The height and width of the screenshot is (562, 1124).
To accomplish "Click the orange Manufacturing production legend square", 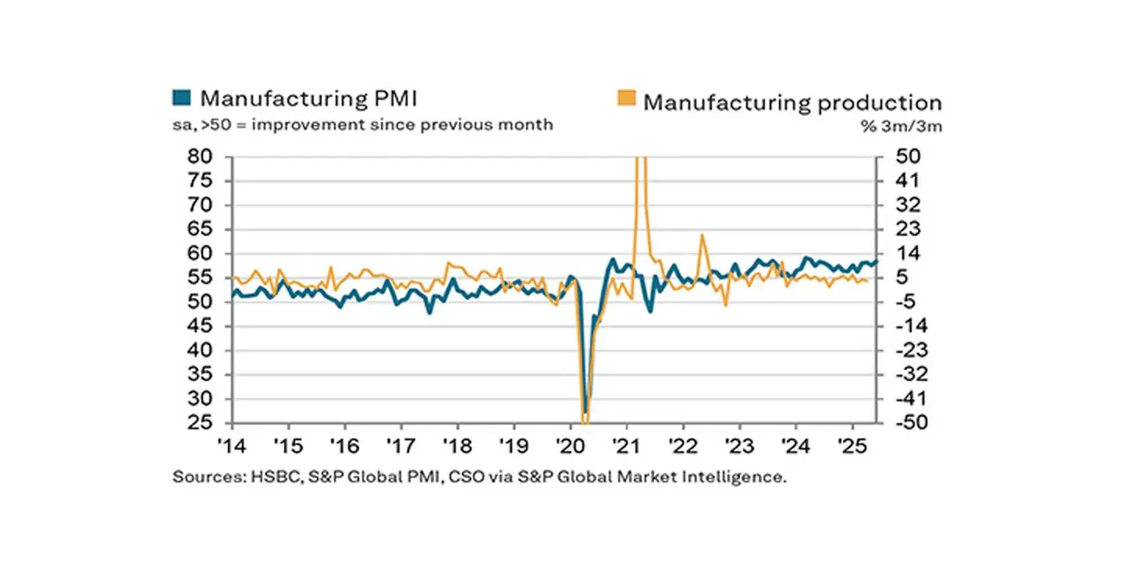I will [626, 98].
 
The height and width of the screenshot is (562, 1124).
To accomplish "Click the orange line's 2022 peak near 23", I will [702, 234].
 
